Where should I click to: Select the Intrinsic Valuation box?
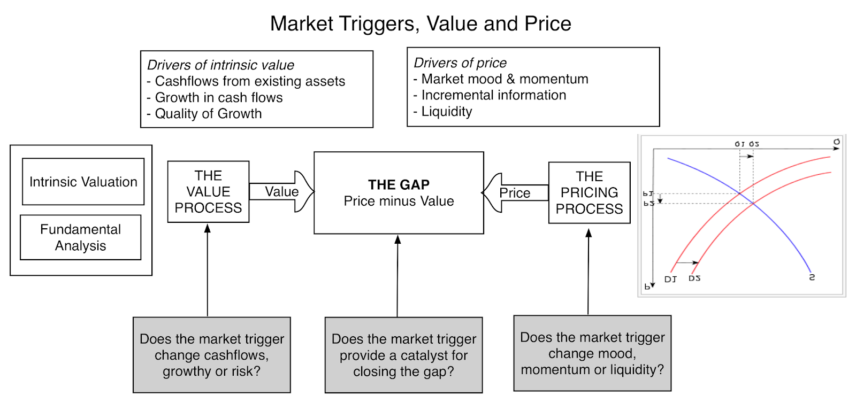tap(83, 182)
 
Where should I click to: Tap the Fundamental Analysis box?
tap(80, 237)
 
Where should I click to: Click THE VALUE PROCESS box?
tap(208, 191)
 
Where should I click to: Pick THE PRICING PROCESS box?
tap(589, 192)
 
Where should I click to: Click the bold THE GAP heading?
tap(399, 184)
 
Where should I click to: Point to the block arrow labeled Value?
tap(281, 191)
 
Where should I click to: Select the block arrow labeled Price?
tap(515, 193)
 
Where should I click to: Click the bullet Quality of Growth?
tap(208, 114)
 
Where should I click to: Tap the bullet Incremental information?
tap(493, 95)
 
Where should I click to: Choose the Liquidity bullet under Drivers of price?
tap(446, 112)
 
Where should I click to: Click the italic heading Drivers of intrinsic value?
tap(220, 65)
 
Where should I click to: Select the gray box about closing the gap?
tap(403, 355)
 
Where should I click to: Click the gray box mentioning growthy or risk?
tap(211, 355)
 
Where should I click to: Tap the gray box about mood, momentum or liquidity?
tap(592, 353)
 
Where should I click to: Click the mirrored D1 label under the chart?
tap(670, 279)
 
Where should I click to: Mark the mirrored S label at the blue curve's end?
tap(812, 277)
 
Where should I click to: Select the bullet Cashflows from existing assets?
tap(250, 81)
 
